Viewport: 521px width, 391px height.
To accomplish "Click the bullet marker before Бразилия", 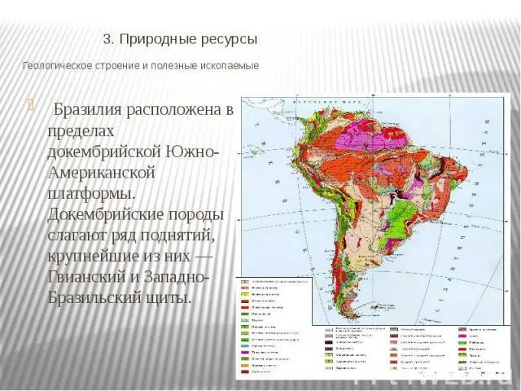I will tap(31, 103).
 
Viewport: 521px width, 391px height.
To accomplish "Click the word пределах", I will tap(80, 131).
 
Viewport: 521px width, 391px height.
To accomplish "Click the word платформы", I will tap(90, 195).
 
